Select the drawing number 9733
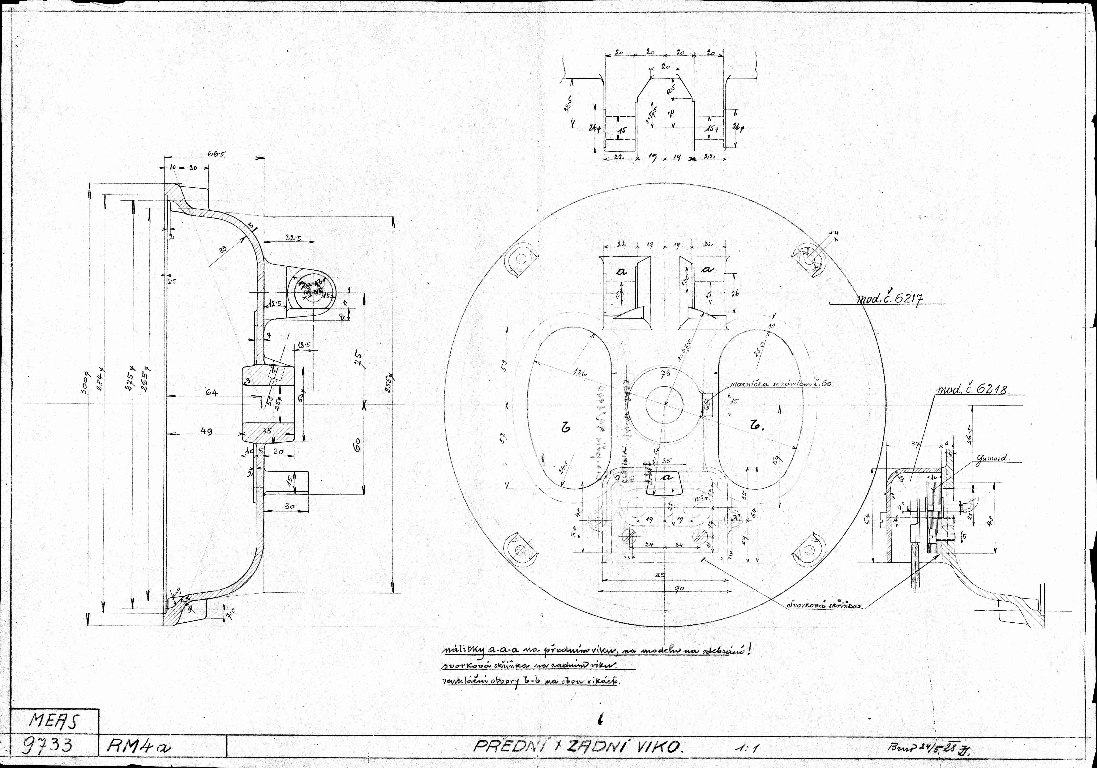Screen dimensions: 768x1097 [48, 746]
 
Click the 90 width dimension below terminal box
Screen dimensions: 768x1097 [679, 589]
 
